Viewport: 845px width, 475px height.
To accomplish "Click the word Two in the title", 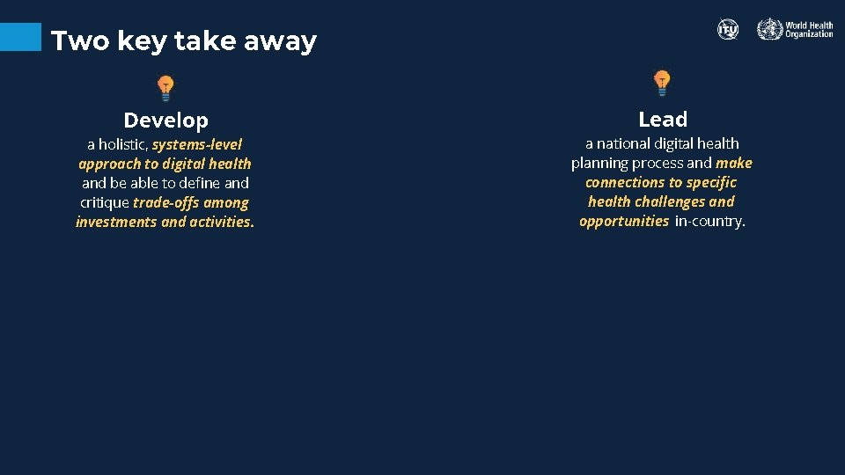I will click(x=73, y=41).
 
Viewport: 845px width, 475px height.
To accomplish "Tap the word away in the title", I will click(x=283, y=41).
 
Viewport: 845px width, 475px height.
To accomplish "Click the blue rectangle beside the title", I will click(x=20, y=36).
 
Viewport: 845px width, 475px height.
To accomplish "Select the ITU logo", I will click(x=728, y=30).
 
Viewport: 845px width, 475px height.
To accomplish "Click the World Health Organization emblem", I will click(x=769, y=30).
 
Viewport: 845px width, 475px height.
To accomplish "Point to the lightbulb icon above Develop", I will click(x=165, y=88).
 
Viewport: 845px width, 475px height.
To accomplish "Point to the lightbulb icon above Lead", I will click(x=662, y=84).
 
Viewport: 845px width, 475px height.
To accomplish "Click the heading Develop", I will click(x=165, y=121).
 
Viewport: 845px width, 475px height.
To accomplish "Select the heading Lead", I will click(x=663, y=119).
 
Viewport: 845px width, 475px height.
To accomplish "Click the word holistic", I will click(x=122, y=144).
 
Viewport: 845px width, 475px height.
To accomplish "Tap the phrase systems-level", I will click(x=197, y=144).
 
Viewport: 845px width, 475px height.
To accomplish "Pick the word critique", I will click(x=105, y=202).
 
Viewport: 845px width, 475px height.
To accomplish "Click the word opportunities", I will click(x=624, y=221).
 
